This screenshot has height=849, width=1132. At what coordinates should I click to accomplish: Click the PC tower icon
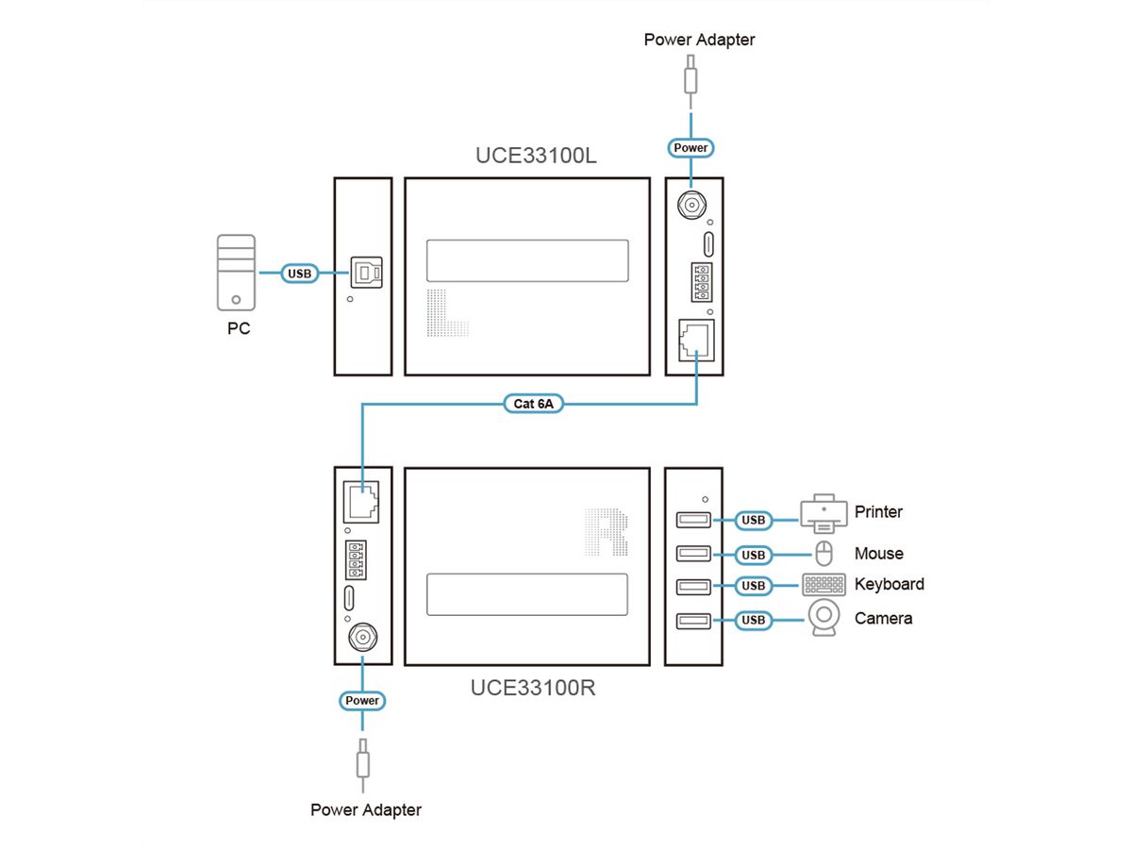[236, 273]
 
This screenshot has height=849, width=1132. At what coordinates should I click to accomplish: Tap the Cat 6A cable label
[535, 404]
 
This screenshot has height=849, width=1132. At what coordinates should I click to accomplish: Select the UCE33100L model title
[536, 156]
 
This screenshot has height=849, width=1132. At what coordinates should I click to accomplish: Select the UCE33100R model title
[533, 688]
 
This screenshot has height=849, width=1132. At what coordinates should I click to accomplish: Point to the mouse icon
[823, 554]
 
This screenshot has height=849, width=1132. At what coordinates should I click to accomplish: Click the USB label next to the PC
[299, 274]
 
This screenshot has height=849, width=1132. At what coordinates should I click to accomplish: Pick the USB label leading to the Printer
[753, 520]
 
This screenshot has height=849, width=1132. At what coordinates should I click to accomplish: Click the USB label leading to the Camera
[753, 620]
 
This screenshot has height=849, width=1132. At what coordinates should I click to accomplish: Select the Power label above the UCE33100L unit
[691, 148]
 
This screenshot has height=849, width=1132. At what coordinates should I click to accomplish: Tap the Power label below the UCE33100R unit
[362, 701]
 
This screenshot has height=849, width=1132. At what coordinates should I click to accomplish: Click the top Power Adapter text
[699, 40]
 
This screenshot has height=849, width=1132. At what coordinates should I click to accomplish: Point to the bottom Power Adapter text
[366, 809]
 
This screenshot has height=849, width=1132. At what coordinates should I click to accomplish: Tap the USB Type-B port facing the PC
[365, 273]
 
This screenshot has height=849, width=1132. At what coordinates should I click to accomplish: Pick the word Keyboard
[889, 584]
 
